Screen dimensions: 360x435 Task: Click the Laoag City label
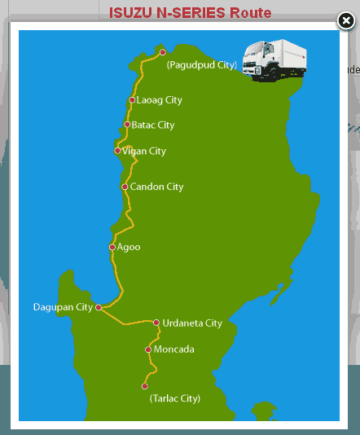pyautogui.click(x=160, y=100)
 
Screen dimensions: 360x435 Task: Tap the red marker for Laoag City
pyautogui.click(x=132, y=100)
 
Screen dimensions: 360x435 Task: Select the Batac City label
pyautogui.click(x=153, y=125)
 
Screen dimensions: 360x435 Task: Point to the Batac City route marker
pyautogui.click(x=127, y=125)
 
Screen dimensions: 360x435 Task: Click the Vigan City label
pyautogui.click(x=144, y=152)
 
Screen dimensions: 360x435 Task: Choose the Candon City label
pyautogui.click(x=157, y=187)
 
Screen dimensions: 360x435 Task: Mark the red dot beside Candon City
pyautogui.click(x=125, y=187)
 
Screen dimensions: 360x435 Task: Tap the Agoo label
pyautogui.click(x=129, y=246)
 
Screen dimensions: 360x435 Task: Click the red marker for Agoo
pyautogui.click(x=112, y=246)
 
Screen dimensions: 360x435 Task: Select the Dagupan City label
pyautogui.click(x=63, y=307)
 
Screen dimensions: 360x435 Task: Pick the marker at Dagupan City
pyautogui.click(x=99, y=307)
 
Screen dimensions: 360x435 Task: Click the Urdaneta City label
pyautogui.click(x=192, y=323)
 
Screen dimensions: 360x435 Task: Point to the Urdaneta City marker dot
pyautogui.click(x=156, y=323)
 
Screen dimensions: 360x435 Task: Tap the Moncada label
pyautogui.click(x=174, y=349)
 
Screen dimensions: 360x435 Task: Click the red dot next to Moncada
pyautogui.click(x=148, y=349)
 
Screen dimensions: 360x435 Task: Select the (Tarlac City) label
pyautogui.click(x=175, y=398)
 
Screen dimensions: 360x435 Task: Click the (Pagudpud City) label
pyautogui.click(x=201, y=64)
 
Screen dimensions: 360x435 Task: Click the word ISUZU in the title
pyautogui.click(x=131, y=12)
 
